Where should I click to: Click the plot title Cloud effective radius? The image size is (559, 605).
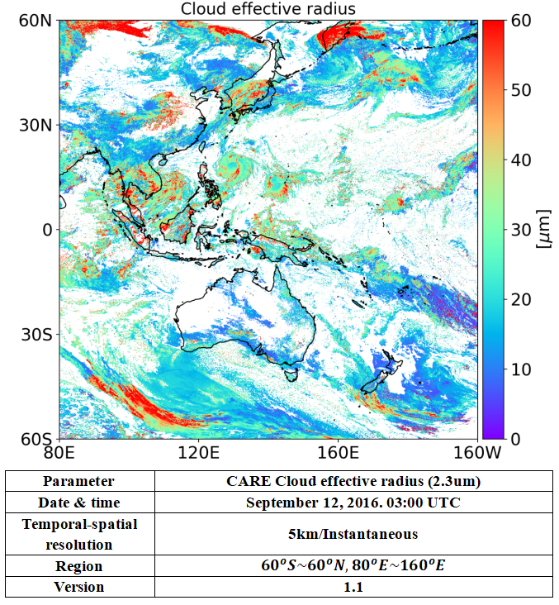coord(268,9)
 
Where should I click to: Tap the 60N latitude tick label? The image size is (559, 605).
coord(36,20)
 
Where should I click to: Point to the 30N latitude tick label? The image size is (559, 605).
coord(36,125)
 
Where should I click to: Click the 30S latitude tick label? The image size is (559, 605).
coord(36,334)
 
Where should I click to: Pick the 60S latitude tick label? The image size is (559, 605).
coord(36,438)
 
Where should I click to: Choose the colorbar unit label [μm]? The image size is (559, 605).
coord(544,229)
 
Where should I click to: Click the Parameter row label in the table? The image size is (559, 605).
coord(78,481)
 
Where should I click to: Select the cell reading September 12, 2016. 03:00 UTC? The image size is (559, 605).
coord(353,503)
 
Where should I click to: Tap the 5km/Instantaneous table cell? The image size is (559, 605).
coord(353,534)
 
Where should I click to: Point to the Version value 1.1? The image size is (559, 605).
coord(353,587)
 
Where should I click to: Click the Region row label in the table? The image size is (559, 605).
coord(78,566)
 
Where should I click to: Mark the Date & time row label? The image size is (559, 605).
coord(78,503)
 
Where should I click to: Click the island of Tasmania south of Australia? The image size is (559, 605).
coord(290,374)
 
